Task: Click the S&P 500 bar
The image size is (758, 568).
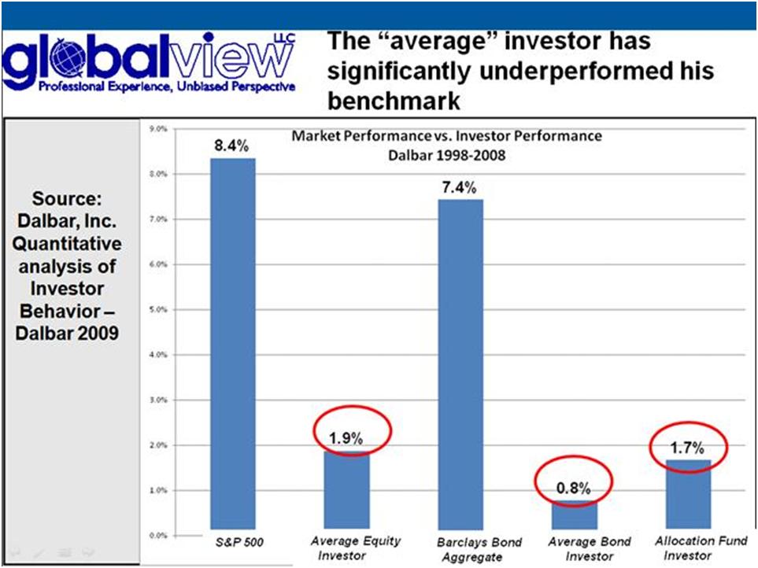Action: click(232, 344)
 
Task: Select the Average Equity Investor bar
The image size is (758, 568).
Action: click(346, 490)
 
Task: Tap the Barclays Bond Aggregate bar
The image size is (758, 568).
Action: click(460, 364)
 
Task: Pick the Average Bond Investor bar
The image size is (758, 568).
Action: click(575, 515)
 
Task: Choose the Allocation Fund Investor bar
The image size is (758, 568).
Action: click(689, 495)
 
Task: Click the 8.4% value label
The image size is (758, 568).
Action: click(231, 146)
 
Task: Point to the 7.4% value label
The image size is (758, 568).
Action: click(459, 187)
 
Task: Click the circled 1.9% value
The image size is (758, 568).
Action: click(346, 438)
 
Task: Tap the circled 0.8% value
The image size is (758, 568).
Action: click(573, 489)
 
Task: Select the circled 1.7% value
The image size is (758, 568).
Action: click(687, 448)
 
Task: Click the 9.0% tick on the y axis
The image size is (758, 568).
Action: click(158, 129)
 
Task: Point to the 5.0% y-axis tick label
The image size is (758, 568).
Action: click(158, 310)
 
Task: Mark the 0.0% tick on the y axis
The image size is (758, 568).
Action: click(158, 535)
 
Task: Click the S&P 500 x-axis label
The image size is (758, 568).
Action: click(239, 542)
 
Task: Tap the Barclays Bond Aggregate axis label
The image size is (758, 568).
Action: click(479, 550)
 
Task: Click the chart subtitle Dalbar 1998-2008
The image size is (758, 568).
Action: click(446, 155)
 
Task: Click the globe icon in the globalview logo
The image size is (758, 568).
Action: click(68, 57)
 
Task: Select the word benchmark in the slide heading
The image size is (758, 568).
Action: click(394, 101)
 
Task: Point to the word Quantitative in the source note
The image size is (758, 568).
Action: click(67, 244)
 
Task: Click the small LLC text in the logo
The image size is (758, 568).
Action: click(284, 39)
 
